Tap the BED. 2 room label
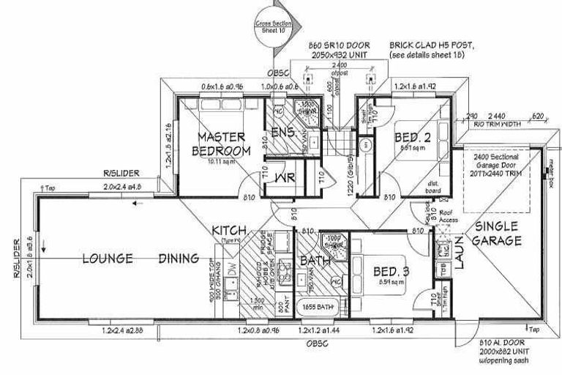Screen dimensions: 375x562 point(411,137)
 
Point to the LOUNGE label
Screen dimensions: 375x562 point(108,258)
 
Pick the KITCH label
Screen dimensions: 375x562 point(229,231)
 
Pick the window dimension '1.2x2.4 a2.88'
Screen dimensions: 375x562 point(123,331)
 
